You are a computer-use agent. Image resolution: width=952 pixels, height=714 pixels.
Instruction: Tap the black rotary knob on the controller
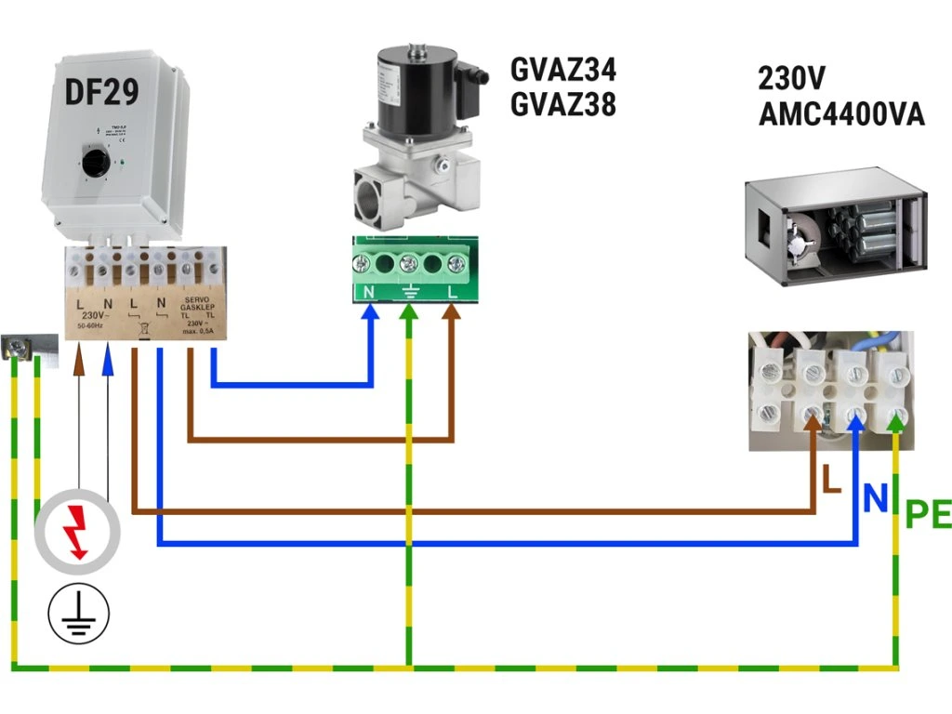pyautogui.click(x=95, y=165)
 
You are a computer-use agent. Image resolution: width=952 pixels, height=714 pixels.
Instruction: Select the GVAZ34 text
pyautogui.click(x=563, y=70)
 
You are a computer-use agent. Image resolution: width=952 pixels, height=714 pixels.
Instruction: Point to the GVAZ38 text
pyautogui.click(x=563, y=104)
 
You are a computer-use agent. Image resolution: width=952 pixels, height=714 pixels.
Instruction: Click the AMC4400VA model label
pyautogui.click(x=841, y=114)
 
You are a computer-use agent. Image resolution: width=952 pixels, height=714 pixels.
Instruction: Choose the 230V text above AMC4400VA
pyautogui.click(x=792, y=77)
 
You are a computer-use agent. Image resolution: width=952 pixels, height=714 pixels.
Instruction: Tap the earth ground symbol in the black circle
pyautogui.click(x=79, y=615)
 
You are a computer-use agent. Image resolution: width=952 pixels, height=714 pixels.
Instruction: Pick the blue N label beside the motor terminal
pyautogui.click(x=875, y=499)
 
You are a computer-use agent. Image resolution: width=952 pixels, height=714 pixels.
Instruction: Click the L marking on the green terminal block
pyautogui.click(x=453, y=292)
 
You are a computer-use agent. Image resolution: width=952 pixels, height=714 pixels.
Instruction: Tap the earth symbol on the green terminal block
pyautogui.click(x=408, y=292)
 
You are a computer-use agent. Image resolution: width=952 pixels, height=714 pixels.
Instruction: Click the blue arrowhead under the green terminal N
pyautogui.click(x=371, y=313)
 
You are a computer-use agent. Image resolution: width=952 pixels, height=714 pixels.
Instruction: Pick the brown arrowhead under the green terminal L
pyautogui.click(x=452, y=313)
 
